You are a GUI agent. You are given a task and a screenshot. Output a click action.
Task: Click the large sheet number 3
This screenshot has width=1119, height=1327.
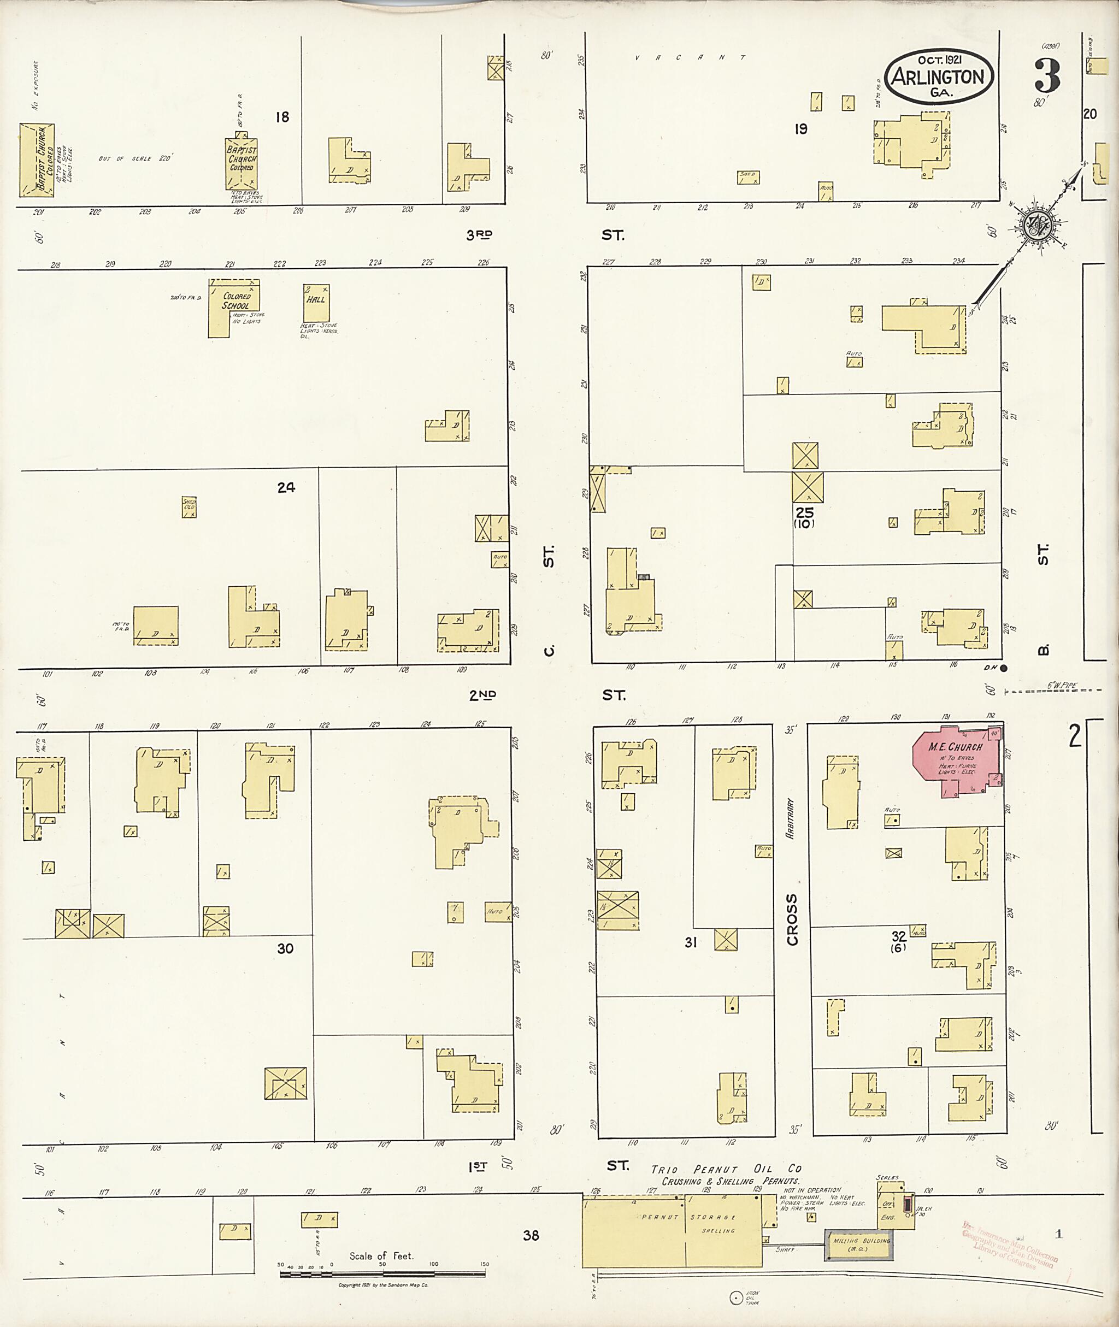pyautogui.click(x=1047, y=76)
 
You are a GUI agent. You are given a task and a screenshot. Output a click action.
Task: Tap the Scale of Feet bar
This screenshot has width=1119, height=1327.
pyautogui.click(x=382, y=1273)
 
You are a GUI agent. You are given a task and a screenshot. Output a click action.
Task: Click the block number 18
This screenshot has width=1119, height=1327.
pyautogui.click(x=282, y=117)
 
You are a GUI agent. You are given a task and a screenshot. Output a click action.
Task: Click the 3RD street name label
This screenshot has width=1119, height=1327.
pyautogui.click(x=480, y=235)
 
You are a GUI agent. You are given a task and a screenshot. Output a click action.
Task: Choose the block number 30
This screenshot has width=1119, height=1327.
pyautogui.click(x=285, y=966)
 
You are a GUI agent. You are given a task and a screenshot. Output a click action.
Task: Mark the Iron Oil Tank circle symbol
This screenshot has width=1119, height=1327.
pyautogui.click(x=735, y=1298)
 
